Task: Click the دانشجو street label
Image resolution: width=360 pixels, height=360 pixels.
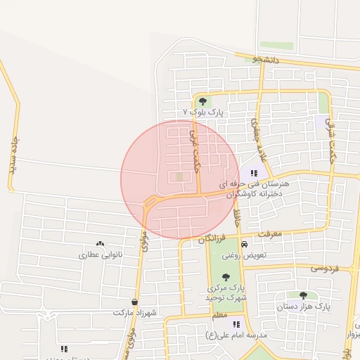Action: [x=266, y=60]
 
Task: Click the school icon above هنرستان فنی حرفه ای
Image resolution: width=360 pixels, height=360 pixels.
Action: [x=254, y=172]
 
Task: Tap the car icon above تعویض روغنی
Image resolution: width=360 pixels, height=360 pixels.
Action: [x=244, y=244]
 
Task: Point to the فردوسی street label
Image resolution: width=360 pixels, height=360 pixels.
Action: [x=325, y=269]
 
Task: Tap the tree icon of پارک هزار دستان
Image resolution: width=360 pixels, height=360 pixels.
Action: [x=303, y=295]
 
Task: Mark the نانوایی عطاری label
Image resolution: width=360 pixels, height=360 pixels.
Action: [x=100, y=254]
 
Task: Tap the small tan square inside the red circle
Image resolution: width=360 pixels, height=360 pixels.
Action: [x=179, y=176]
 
